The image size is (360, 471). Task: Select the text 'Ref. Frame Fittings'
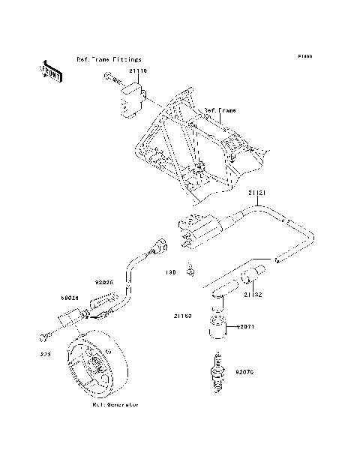[108, 58]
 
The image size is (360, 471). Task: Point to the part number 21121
[258, 193]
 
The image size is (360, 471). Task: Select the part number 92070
[247, 370]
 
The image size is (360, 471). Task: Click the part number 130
[170, 273]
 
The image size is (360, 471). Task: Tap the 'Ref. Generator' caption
[115, 404]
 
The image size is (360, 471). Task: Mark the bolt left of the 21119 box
[111, 76]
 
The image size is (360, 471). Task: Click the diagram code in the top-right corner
[304, 56]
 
